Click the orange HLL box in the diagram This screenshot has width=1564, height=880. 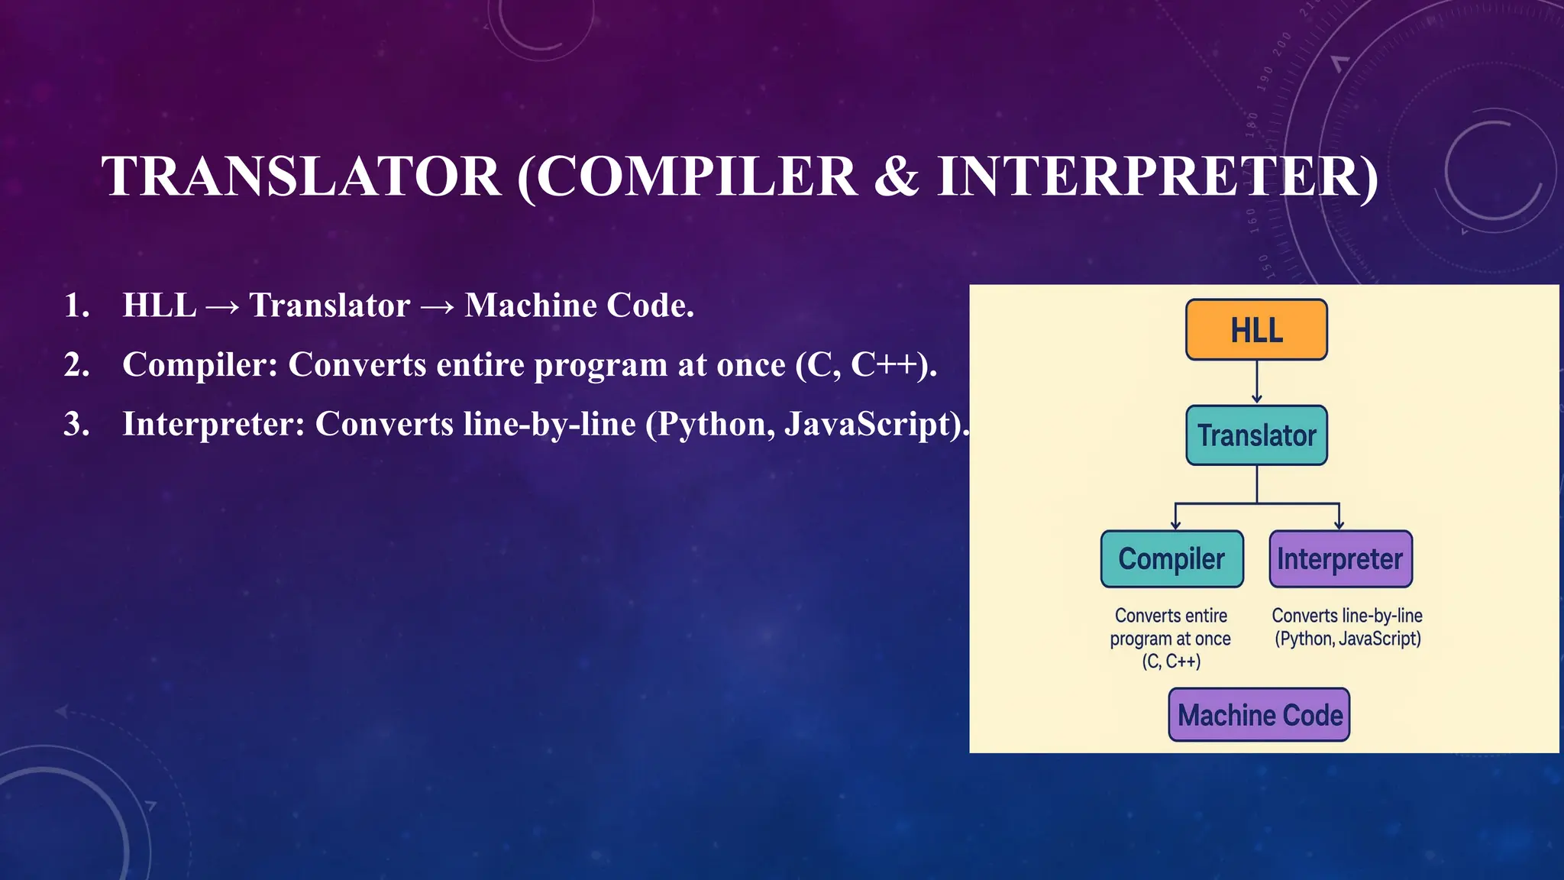click(x=1256, y=330)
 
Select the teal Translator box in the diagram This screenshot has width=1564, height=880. click(x=1256, y=435)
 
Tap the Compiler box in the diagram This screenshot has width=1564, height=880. click(x=1171, y=559)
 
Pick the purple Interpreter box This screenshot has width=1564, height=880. click(x=1340, y=559)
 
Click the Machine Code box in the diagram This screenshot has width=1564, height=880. click(x=1259, y=715)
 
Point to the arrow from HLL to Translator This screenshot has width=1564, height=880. click(x=1257, y=382)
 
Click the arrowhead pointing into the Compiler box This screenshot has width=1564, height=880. click(x=1175, y=523)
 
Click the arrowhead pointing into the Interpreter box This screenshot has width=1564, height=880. click(x=1339, y=523)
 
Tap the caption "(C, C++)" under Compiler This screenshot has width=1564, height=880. click(x=1171, y=662)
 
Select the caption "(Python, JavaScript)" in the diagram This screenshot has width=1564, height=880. click(x=1347, y=639)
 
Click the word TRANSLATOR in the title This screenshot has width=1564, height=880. click(x=301, y=177)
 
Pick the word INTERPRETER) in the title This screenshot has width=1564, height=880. click(x=1158, y=177)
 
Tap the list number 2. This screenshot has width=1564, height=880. click(x=76, y=365)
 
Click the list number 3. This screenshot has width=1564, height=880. click(x=76, y=425)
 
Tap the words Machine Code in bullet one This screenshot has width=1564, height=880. click(x=578, y=306)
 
